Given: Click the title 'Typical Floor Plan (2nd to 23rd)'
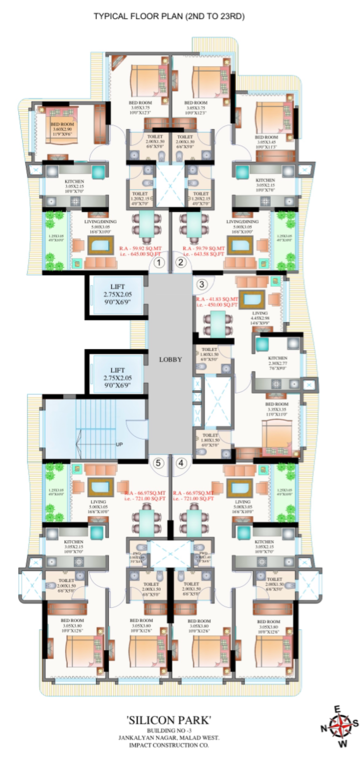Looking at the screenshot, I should tap(180, 17).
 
